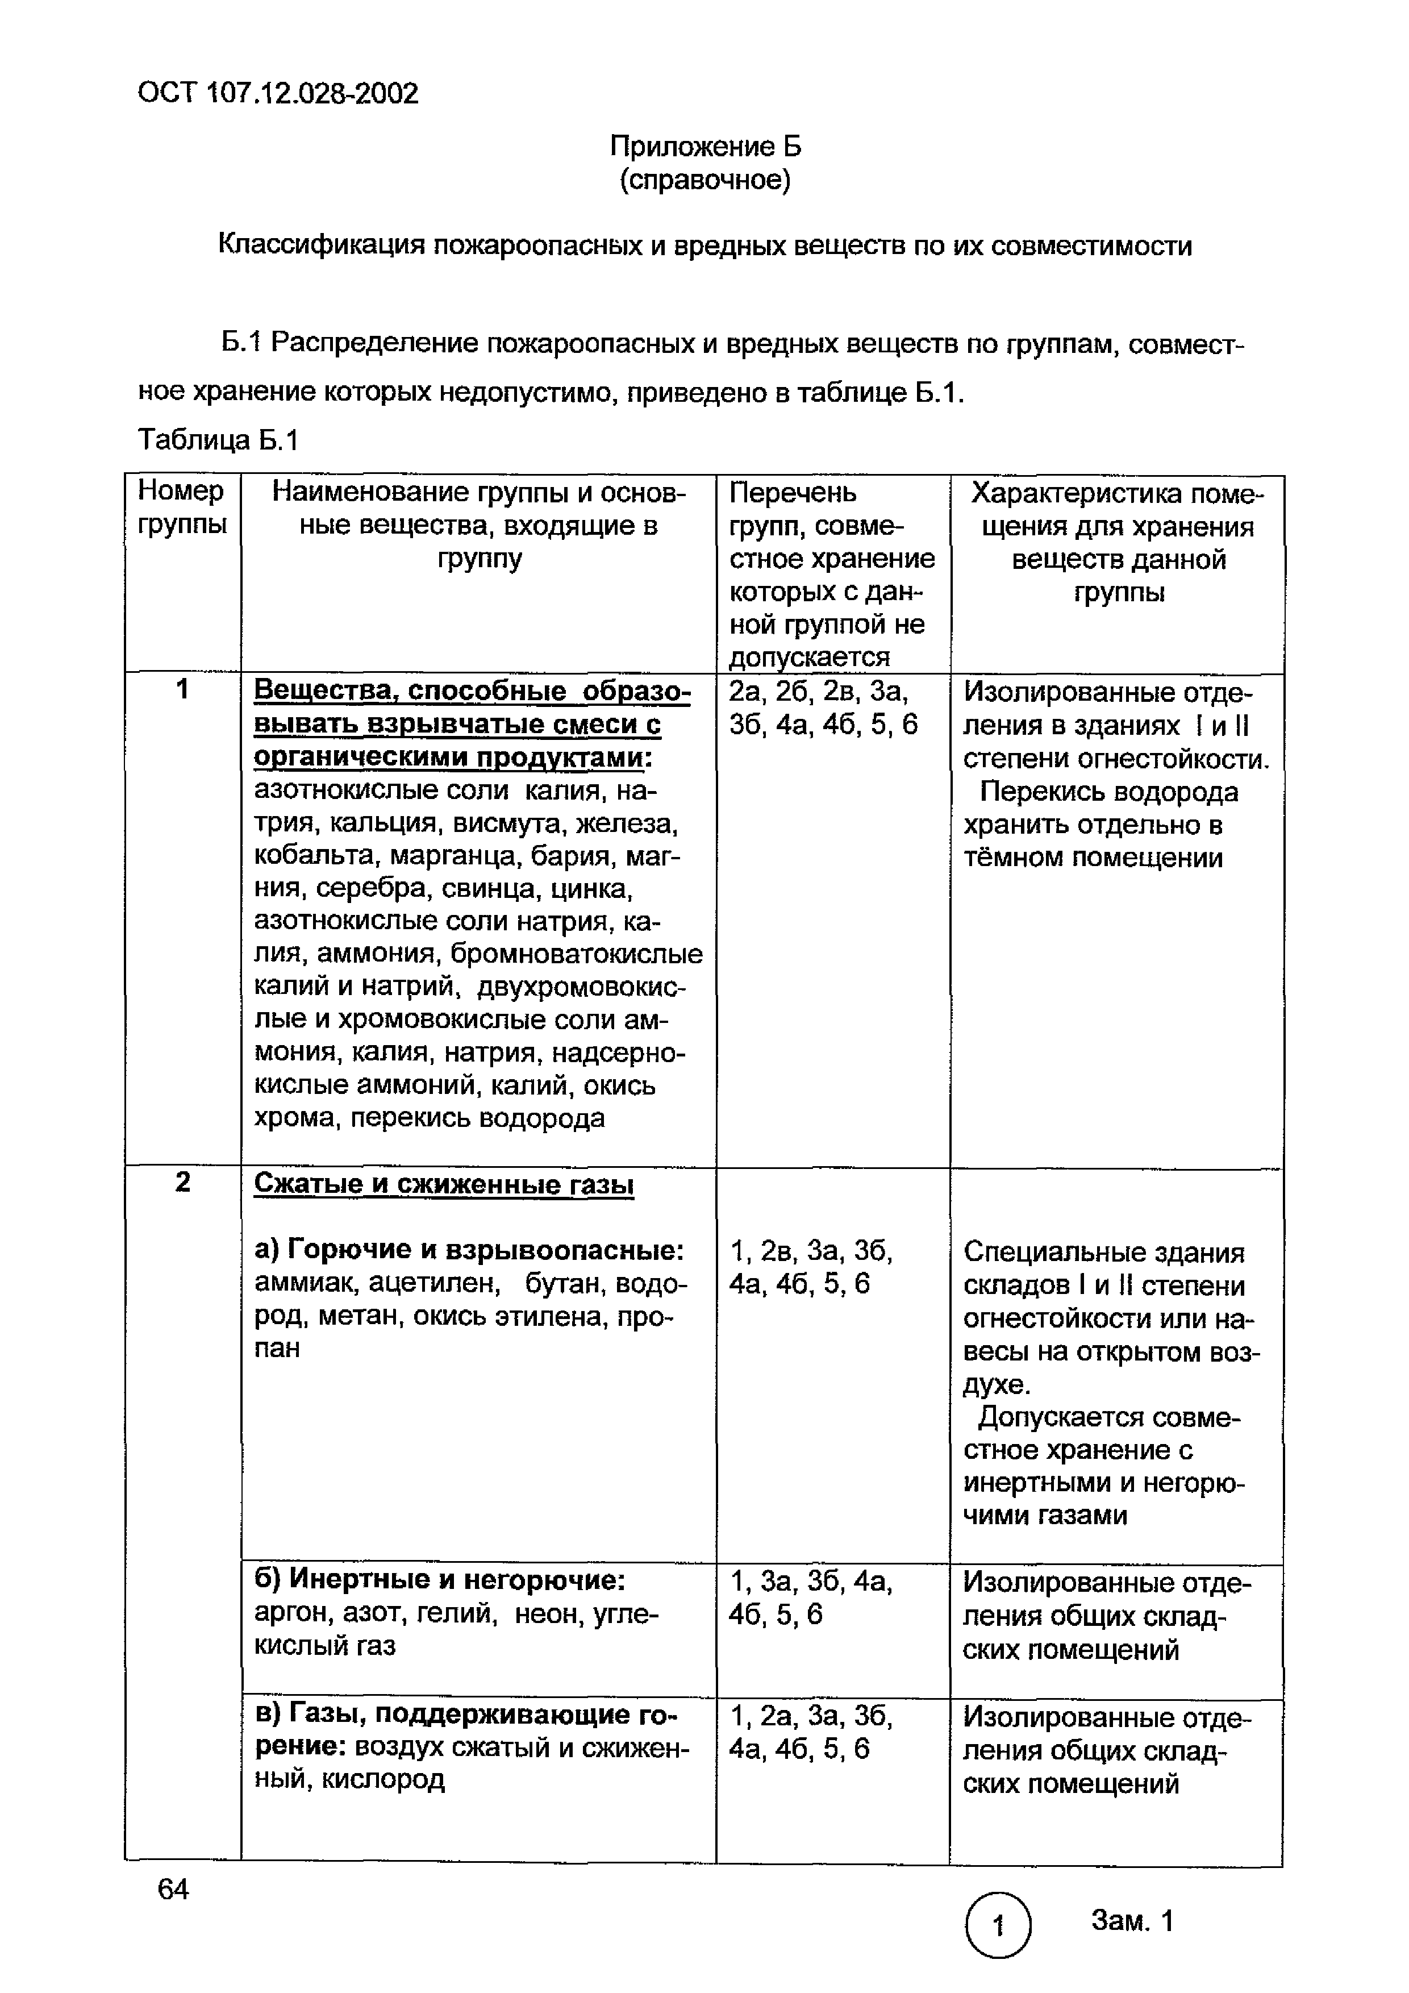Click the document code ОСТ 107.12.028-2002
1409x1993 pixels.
coord(278,93)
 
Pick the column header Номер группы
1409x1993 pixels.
coord(181,508)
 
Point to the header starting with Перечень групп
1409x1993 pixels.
coord(831,573)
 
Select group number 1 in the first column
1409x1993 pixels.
coord(182,690)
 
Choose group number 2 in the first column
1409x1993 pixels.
coord(182,1182)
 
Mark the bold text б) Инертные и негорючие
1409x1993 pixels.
coord(440,1580)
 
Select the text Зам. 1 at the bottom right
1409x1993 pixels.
coord(1131,1921)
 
